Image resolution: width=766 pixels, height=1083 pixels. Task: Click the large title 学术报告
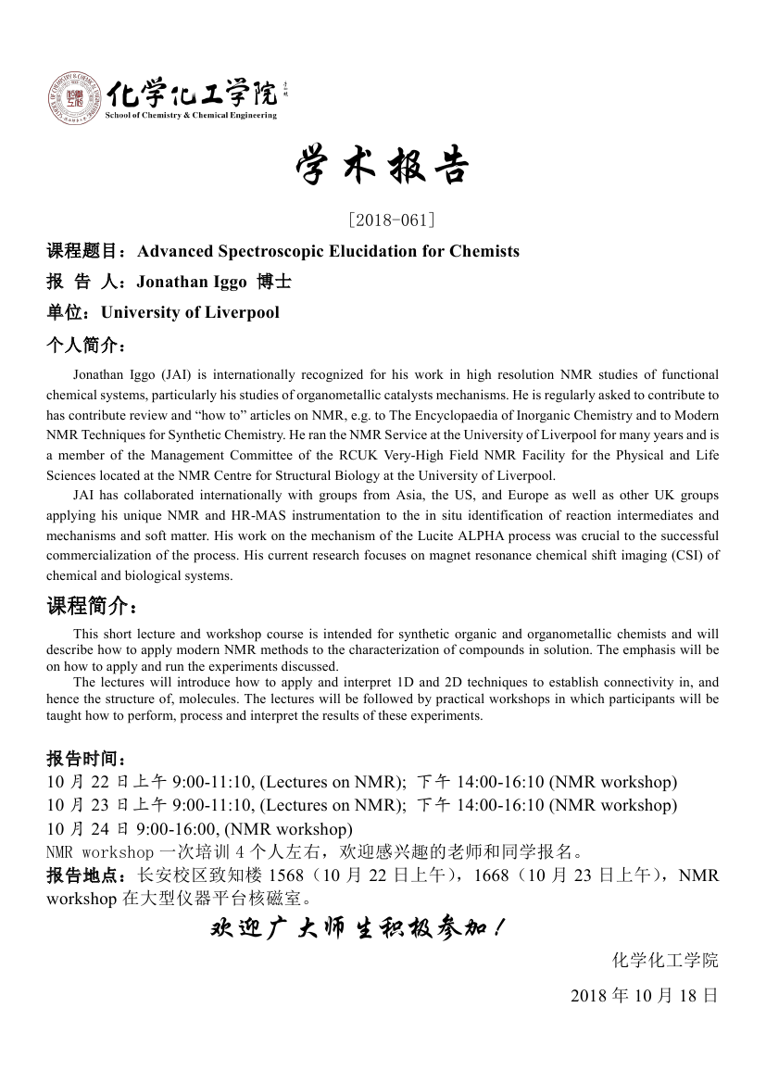click(383, 167)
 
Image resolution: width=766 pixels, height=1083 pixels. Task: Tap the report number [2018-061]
click(383, 220)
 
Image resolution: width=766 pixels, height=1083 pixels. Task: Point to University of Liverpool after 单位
click(190, 312)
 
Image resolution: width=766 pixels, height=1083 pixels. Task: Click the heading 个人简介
click(83, 345)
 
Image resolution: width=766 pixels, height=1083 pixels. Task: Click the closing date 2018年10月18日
click(644, 996)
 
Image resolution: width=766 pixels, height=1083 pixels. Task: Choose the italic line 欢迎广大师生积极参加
click(357, 928)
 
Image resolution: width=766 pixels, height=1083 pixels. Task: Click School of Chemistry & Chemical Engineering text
click(192, 115)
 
